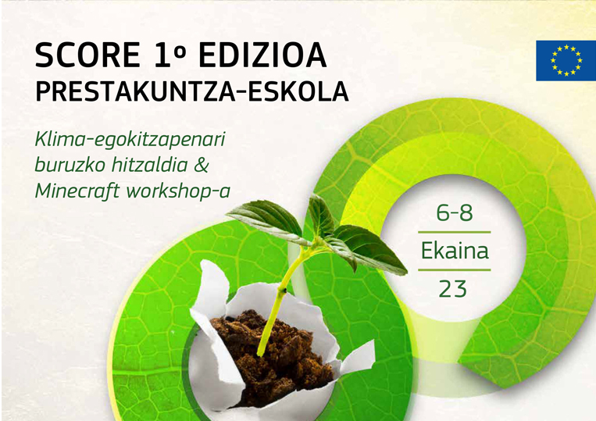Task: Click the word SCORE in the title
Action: [87, 55]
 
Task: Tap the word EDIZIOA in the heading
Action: [262, 55]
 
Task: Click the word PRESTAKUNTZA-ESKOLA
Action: [191, 91]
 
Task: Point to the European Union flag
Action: [566, 60]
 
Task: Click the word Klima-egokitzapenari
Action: [130, 141]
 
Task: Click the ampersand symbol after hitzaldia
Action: [202, 166]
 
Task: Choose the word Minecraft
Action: [77, 190]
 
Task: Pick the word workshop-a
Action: [178, 191]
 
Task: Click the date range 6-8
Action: [454, 212]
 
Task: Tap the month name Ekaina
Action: [455, 251]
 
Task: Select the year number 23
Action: [453, 289]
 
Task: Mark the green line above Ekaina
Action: [454, 232]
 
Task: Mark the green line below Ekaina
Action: [454, 269]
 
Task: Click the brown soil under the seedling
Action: [273, 357]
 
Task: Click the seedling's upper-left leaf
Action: [266, 219]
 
